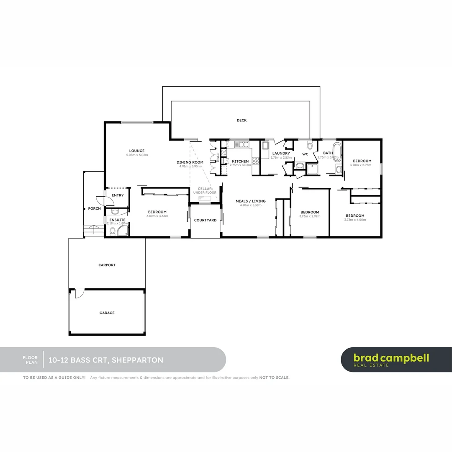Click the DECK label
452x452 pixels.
pyautogui.click(x=241, y=121)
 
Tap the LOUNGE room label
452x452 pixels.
pyautogui.click(x=137, y=151)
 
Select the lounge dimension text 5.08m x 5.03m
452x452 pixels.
pyautogui.click(x=137, y=155)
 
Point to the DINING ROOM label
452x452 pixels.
pyautogui.click(x=190, y=162)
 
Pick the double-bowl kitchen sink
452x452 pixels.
pyautogui.click(x=241, y=145)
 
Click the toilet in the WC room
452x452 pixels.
pyautogui.click(x=310, y=145)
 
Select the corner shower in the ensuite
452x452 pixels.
pyautogui.click(x=123, y=231)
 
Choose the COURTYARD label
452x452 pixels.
pyautogui.click(x=205, y=220)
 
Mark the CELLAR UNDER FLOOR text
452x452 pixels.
pyautogui.click(x=205, y=190)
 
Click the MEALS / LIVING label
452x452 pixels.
pyautogui.click(x=250, y=201)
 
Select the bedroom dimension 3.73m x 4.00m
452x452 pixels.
pyautogui.click(x=354, y=220)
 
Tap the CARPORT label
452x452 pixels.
pyautogui.click(x=107, y=265)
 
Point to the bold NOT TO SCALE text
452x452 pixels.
pyautogui.click(x=274, y=378)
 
